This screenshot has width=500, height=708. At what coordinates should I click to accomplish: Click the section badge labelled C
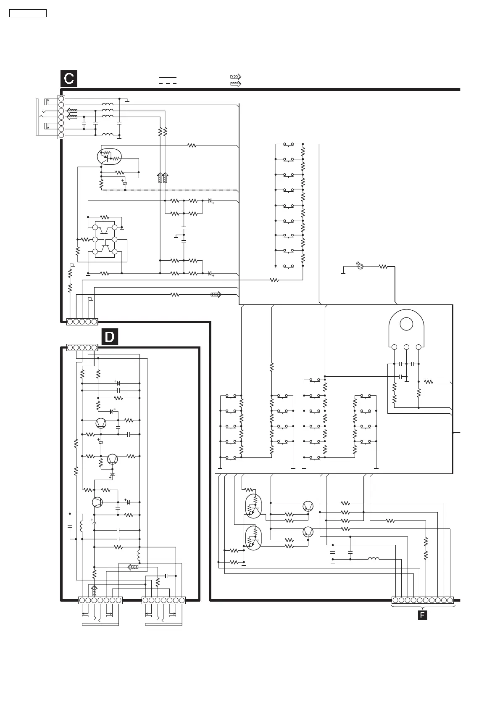(x=69, y=79)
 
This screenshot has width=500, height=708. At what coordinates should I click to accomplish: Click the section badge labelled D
(x=109, y=337)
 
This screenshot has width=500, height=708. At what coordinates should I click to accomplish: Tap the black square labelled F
(x=422, y=615)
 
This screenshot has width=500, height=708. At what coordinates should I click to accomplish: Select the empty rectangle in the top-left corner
(x=28, y=13)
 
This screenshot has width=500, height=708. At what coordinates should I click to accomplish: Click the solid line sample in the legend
(x=168, y=78)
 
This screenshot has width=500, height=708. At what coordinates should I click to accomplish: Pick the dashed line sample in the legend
(x=168, y=84)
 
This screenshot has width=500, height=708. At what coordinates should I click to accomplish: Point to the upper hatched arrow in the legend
(x=236, y=77)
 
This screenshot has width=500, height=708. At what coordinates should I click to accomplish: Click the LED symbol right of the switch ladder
(x=360, y=266)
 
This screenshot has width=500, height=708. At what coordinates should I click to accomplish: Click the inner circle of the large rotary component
(x=406, y=324)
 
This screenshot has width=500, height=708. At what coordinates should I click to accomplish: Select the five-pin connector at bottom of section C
(x=82, y=322)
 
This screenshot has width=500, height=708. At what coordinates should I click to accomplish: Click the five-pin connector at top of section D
(x=82, y=347)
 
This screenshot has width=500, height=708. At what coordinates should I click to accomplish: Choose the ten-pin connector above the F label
(x=423, y=600)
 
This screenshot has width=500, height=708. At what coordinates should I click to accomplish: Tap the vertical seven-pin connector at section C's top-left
(x=61, y=117)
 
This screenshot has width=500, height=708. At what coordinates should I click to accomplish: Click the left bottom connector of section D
(x=100, y=600)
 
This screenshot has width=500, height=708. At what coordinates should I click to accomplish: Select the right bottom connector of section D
(x=164, y=600)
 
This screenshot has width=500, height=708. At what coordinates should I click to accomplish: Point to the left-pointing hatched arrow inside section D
(x=133, y=567)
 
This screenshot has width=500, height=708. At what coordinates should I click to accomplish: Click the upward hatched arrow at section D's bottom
(x=94, y=591)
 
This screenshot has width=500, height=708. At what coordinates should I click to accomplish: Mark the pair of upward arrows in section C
(x=162, y=177)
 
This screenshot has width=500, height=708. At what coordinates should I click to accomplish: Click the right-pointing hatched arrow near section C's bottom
(x=216, y=295)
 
